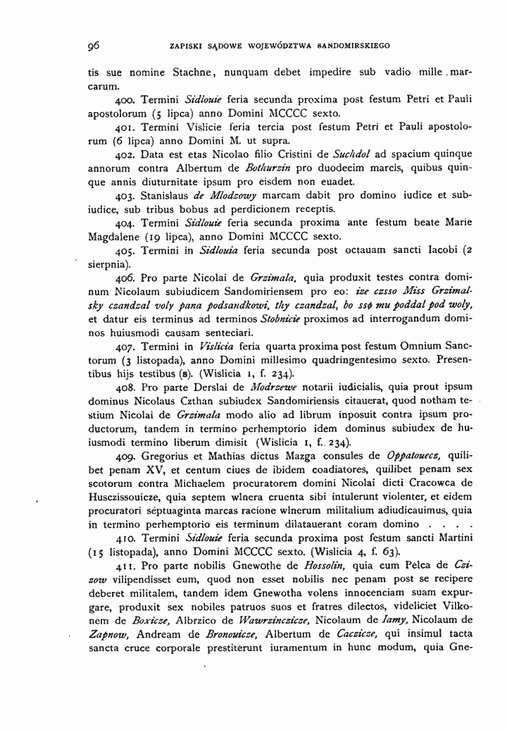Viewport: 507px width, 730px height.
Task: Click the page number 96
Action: click(x=93, y=47)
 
